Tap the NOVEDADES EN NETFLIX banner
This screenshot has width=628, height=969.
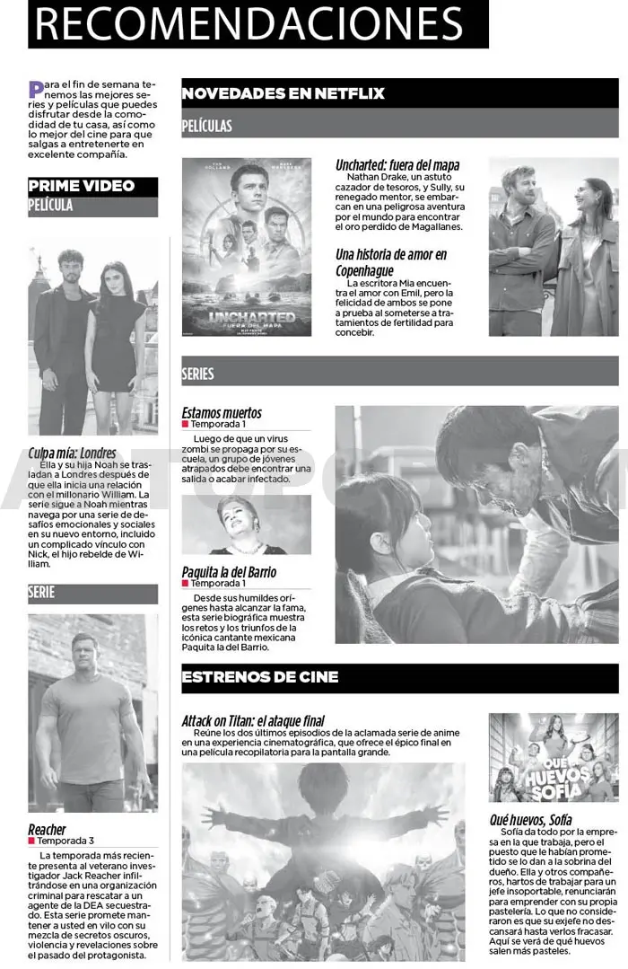(283, 93)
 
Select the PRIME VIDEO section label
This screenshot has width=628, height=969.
(82, 186)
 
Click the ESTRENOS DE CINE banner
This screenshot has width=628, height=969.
(260, 677)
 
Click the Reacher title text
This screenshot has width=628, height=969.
(47, 829)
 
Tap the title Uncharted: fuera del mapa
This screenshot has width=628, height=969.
(397, 165)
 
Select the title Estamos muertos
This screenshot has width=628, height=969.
(222, 413)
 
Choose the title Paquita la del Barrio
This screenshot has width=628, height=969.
(229, 572)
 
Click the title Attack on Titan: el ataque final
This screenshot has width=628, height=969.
(253, 720)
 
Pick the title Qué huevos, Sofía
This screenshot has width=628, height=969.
(530, 819)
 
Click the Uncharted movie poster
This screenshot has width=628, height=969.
(247, 247)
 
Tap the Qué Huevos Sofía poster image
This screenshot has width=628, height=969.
(541, 758)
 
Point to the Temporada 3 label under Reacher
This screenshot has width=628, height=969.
(65, 841)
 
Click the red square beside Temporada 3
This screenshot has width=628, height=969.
(32, 841)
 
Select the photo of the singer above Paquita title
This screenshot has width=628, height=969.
(246, 524)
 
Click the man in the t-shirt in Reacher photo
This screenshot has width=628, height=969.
(87, 709)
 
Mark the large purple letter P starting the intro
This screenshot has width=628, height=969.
(35, 88)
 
